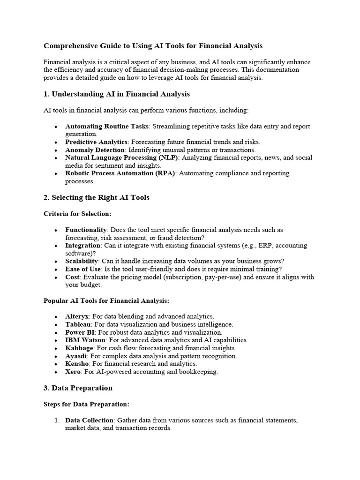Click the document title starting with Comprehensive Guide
[x=153, y=46]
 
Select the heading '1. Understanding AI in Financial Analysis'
[x=116, y=94]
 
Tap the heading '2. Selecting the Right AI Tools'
[x=96, y=197]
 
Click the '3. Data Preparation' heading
[x=78, y=388]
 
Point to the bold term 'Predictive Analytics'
[x=96, y=142]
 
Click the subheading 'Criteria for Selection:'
[x=77, y=214]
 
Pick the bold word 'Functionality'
[x=86, y=230]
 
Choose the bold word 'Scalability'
[x=82, y=261]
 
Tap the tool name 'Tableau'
[x=78, y=324]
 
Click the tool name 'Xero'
[x=74, y=372]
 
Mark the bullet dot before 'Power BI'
[x=56, y=332]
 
